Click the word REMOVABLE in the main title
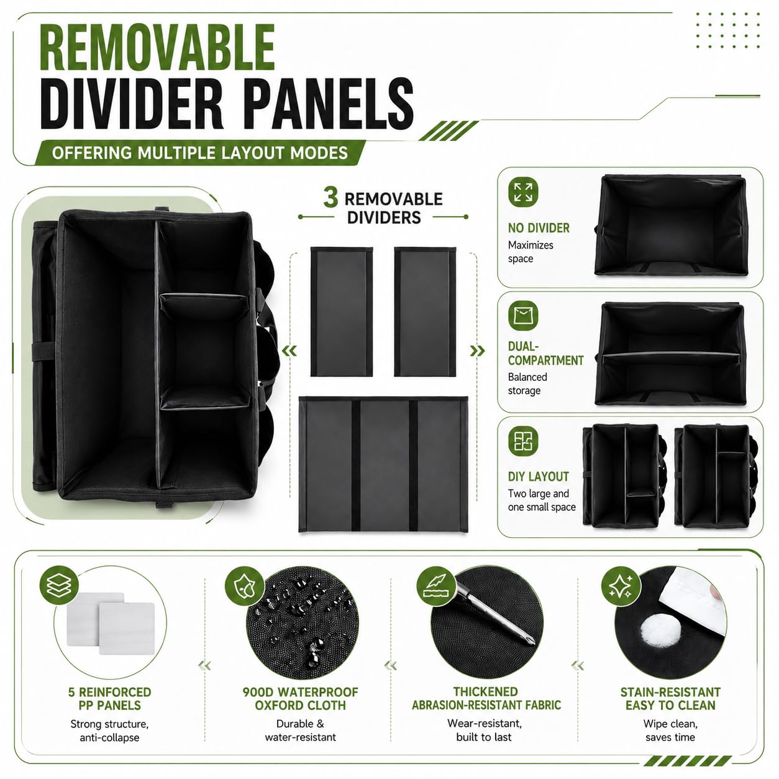[x=157, y=47]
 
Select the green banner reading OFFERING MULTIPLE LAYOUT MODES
[x=200, y=153]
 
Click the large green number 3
[x=330, y=198]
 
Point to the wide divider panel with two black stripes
[x=383, y=464]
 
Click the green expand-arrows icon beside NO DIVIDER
[x=523, y=192]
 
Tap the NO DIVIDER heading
[x=539, y=228]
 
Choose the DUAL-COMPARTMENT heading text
[x=546, y=353]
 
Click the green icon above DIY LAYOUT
[x=523, y=441]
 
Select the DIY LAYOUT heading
[x=538, y=476]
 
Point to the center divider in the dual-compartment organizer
[x=671, y=355]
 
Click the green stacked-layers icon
[x=59, y=585]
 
